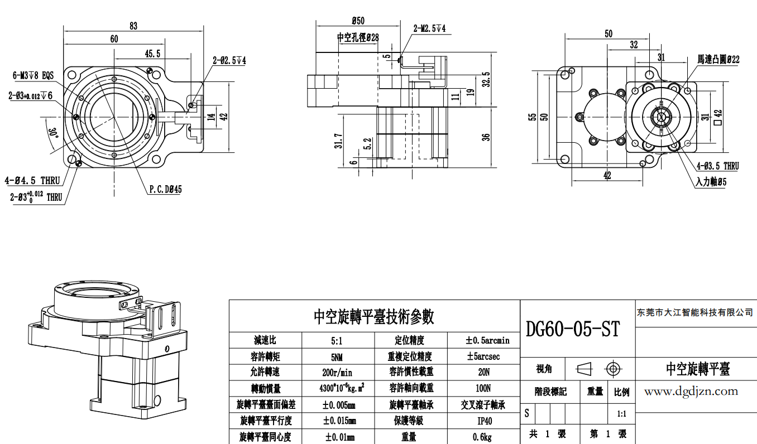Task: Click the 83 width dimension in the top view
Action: pyautogui.click(x=133, y=26)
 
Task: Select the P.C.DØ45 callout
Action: pyautogui.click(x=165, y=189)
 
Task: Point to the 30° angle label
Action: pyautogui.click(x=54, y=133)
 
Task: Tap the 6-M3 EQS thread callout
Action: pyautogui.click(x=33, y=75)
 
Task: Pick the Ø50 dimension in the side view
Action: pyautogui.click(x=358, y=21)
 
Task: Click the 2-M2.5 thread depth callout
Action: pyautogui.click(x=429, y=28)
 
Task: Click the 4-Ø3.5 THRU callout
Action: pyautogui.click(x=717, y=166)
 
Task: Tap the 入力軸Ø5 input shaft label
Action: pyautogui.click(x=711, y=182)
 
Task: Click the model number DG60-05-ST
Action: pyautogui.click(x=573, y=329)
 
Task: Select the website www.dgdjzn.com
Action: pyautogui.click(x=691, y=392)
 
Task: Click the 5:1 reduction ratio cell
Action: pyautogui.click(x=338, y=340)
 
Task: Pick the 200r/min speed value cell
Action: pyautogui.click(x=338, y=372)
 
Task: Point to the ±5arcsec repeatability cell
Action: pyautogui.click(x=483, y=356)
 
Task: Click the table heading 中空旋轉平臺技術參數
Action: pyautogui.click(x=374, y=317)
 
